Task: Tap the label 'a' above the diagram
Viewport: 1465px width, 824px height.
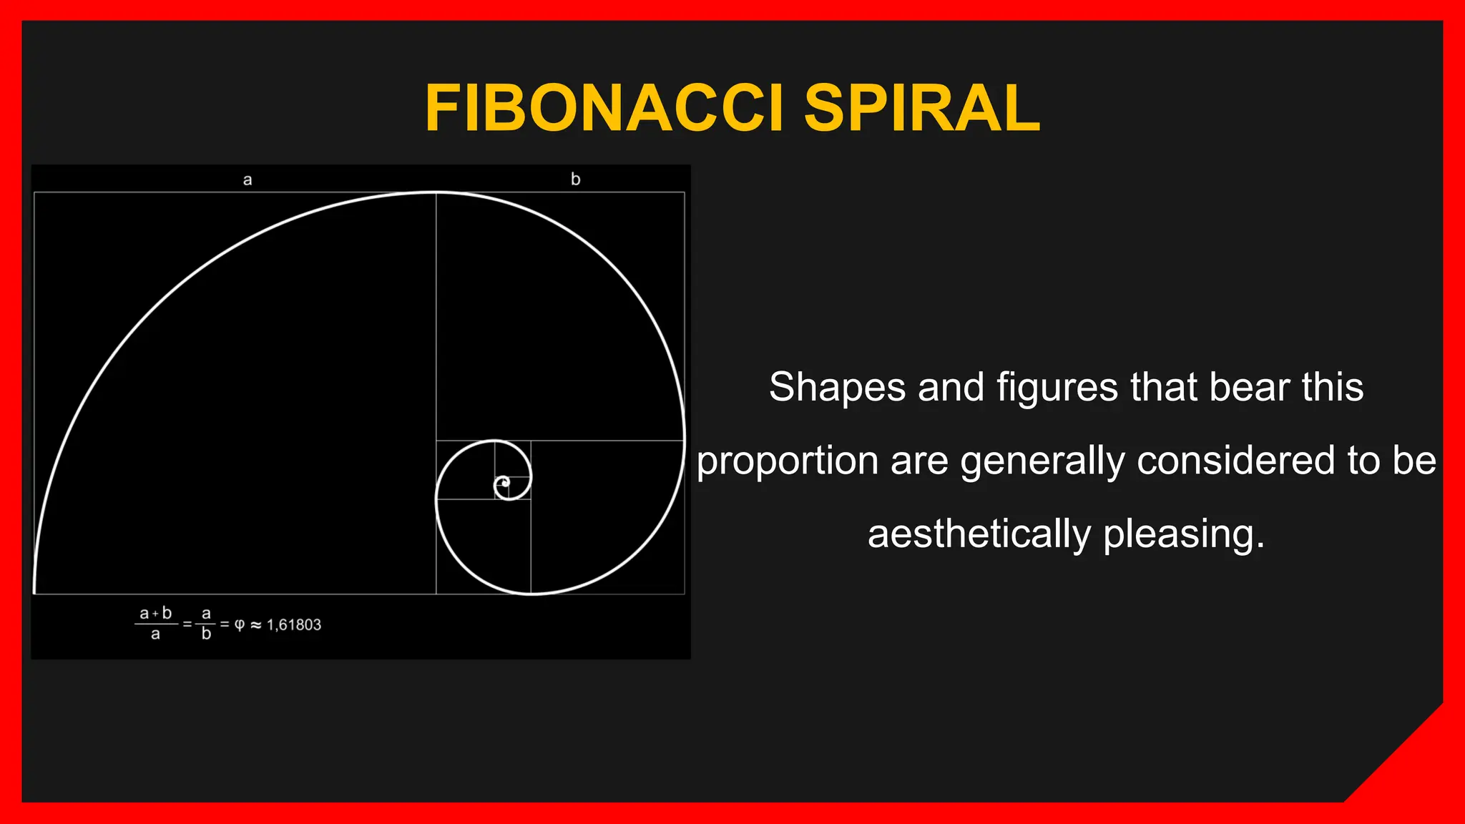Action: (x=248, y=180)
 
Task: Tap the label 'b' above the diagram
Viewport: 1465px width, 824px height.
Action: (x=575, y=179)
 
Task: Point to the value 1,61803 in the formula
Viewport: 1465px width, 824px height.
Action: (x=294, y=625)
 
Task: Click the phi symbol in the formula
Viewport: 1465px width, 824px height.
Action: (x=240, y=624)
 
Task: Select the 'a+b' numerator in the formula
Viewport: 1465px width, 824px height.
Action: (x=156, y=614)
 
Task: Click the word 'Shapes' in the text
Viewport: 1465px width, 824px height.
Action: (x=838, y=387)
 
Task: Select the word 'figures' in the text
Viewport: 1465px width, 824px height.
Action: (x=1057, y=387)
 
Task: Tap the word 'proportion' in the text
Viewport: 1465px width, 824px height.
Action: (x=788, y=461)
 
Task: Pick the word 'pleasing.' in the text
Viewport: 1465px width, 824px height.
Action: (x=1184, y=534)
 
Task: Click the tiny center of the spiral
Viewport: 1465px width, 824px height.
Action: (x=505, y=484)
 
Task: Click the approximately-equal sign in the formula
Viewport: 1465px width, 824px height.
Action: (x=256, y=625)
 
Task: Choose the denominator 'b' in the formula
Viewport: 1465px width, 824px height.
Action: (x=206, y=634)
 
